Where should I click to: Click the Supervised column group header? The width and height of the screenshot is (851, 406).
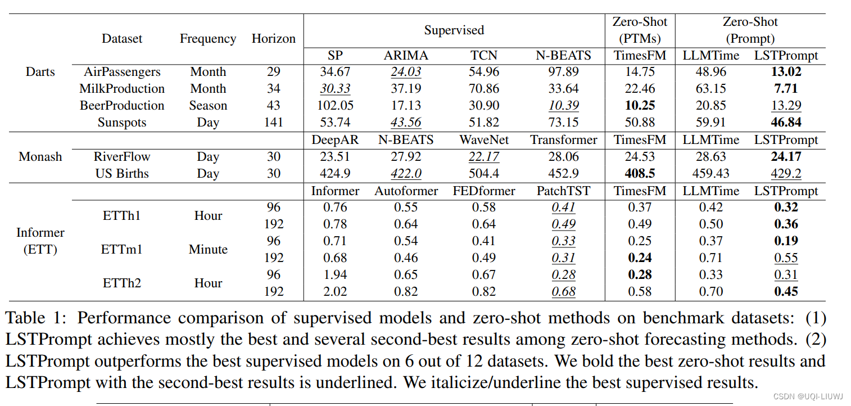click(x=454, y=30)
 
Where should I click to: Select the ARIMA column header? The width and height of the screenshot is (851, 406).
click(x=406, y=55)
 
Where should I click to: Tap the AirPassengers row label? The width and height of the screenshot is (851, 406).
click(x=122, y=72)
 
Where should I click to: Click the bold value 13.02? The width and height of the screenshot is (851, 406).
click(x=786, y=72)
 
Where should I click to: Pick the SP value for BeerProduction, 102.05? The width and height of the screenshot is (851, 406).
click(x=335, y=106)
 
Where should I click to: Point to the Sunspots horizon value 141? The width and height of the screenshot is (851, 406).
click(x=273, y=123)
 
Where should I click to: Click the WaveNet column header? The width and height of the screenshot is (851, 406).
click(x=483, y=139)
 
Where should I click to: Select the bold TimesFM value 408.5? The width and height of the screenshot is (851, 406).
click(x=640, y=173)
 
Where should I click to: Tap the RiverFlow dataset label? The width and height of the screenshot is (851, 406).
click(x=122, y=156)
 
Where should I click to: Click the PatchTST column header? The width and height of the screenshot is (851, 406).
click(x=563, y=191)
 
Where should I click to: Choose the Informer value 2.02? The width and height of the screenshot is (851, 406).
click(x=335, y=291)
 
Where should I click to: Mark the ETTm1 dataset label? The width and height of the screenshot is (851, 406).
click(x=121, y=249)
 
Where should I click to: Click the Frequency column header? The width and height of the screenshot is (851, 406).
click(x=208, y=39)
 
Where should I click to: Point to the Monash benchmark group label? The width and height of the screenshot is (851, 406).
click(x=40, y=156)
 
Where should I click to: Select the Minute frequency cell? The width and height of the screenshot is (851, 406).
click(x=208, y=249)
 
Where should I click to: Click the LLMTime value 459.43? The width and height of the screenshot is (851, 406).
click(x=711, y=173)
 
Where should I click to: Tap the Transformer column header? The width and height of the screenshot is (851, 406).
click(x=563, y=139)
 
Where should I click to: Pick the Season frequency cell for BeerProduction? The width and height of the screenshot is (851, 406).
click(x=208, y=106)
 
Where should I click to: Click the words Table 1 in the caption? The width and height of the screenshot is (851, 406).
click(x=36, y=318)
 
